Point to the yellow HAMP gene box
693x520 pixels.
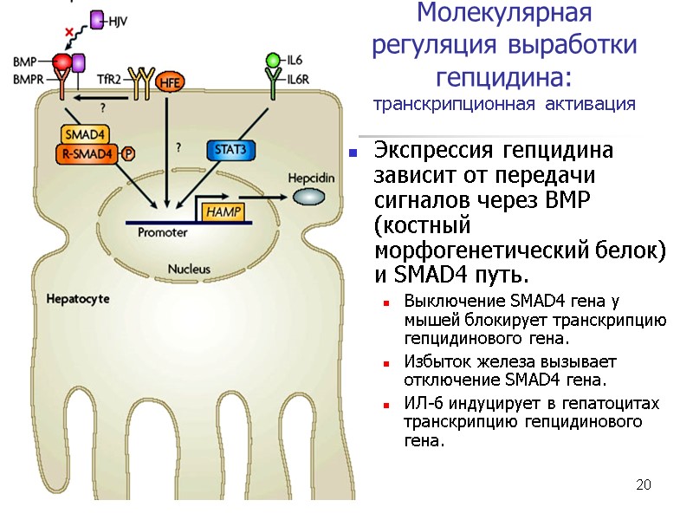pos(222,211)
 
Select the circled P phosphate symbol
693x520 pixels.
pos(128,153)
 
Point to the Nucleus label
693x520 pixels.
pos(189,269)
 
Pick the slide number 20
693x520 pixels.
pos(642,484)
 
